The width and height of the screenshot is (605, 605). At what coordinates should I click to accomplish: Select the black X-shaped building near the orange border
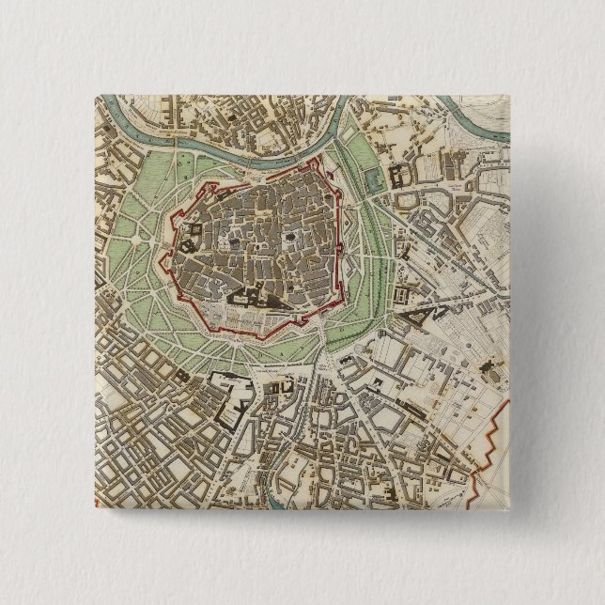point(487,365)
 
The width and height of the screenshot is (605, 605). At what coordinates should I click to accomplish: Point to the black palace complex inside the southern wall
point(246,299)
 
